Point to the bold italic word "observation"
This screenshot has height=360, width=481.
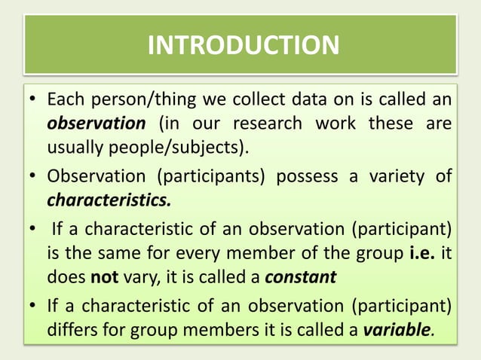point(96,123)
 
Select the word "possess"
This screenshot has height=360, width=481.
point(300,177)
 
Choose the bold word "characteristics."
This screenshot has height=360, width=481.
point(109,200)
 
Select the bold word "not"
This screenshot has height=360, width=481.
point(104,277)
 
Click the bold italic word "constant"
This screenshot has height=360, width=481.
point(300,277)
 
